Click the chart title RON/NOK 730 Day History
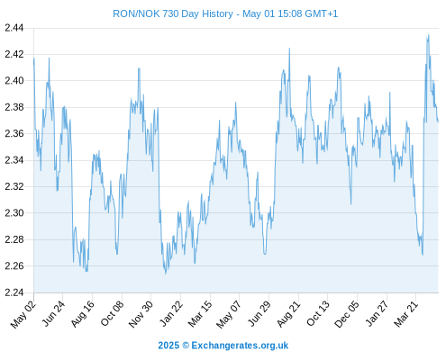(173, 13)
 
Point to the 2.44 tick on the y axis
(14, 28)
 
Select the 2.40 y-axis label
(14, 81)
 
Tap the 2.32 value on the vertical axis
(14, 186)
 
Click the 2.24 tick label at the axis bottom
(14, 292)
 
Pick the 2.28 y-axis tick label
(14, 239)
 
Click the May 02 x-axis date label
(23, 314)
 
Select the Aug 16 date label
(82, 314)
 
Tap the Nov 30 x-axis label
(141, 314)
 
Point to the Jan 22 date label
(171, 314)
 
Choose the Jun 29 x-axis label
(259, 314)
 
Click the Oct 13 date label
(318, 314)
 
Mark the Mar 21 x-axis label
(406, 314)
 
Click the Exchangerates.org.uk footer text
(240, 346)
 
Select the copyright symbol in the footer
(186, 346)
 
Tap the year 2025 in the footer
(168, 346)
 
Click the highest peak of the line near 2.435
(428, 35)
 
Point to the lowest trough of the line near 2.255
(166, 274)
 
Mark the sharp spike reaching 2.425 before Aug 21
(289, 49)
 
